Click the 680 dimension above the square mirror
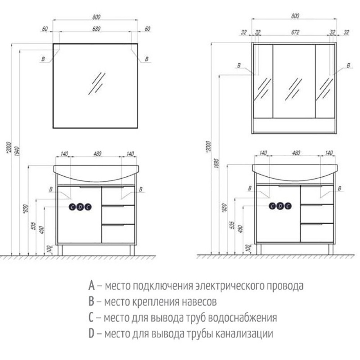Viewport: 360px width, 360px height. coord(96,29)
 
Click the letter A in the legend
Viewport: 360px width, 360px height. coord(91,286)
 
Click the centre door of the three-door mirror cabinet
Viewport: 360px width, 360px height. coord(294,81)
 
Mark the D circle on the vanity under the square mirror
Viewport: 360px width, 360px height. coord(80,207)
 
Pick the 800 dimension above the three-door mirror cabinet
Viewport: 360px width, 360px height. coord(294,16)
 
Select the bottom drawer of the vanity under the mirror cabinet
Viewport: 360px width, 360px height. coord(317,233)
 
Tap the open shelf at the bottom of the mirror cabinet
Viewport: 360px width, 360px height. coord(294,126)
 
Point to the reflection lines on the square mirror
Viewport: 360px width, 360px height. coord(96,84)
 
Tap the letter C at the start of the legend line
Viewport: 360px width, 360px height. coord(91,318)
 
